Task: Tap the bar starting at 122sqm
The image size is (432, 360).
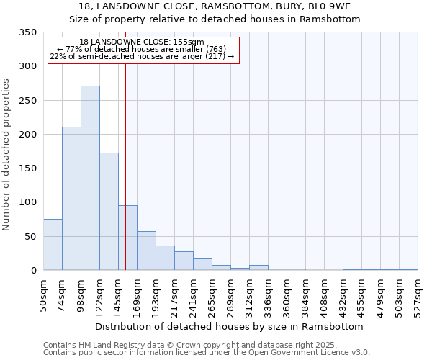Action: [109, 212]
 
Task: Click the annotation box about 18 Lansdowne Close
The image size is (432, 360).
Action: [143, 50]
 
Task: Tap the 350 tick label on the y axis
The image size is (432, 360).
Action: [27, 32]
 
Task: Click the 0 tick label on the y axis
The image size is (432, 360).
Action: [33, 271]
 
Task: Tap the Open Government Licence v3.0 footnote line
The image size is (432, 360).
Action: [207, 353]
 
